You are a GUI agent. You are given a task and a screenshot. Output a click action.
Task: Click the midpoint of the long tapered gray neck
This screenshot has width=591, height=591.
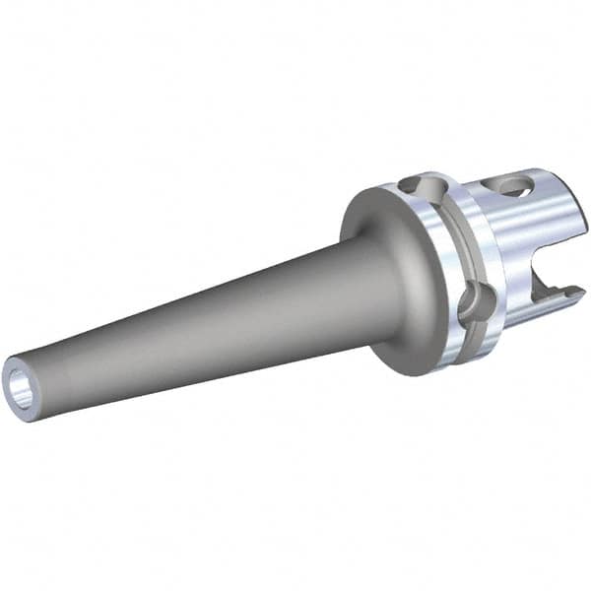click(x=197, y=315)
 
